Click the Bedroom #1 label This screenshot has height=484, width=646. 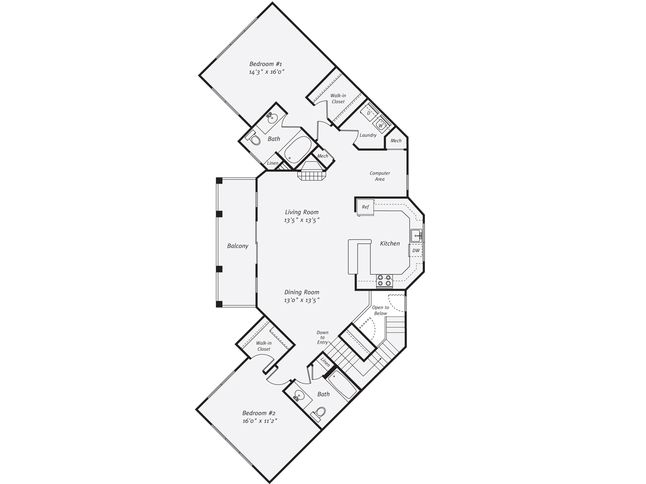(x=266, y=64)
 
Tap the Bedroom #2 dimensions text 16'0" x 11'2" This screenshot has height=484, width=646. (x=260, y=421)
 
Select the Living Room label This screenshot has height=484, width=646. (x=302, y=212)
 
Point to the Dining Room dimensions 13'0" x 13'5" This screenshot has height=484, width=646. (x=302, y=300)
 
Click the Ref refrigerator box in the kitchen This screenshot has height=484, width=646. (x=365, y=207)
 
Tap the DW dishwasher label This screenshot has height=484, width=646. (x=416, y=251)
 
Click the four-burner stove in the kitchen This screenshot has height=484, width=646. (x=385, y=280)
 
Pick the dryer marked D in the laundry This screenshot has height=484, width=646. (x=369, y=113)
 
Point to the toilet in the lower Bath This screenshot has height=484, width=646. (x=319, y=414)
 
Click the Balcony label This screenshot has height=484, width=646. (x=238, y=246)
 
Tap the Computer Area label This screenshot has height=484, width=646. (x=380, y=176)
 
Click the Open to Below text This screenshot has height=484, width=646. (x=381, y=311)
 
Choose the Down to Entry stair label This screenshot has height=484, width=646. (x=322, y=337)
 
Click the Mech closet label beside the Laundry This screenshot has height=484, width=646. (x=396, y=141)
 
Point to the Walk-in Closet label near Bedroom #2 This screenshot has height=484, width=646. (x=263, y=346)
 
